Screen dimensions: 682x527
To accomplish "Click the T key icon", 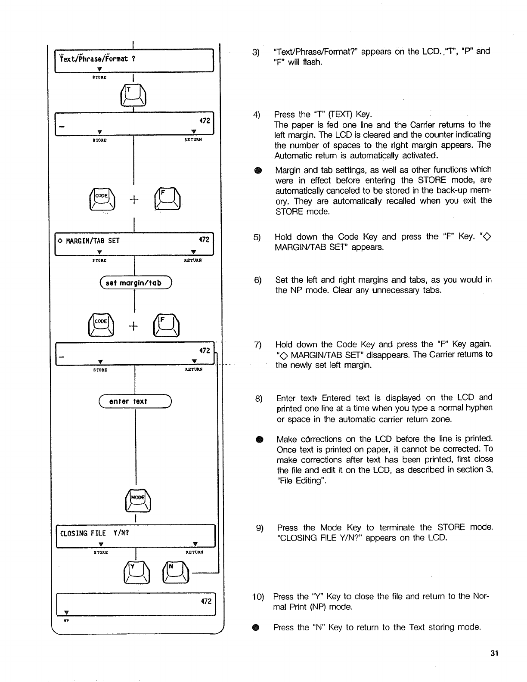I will [x=135, y=95].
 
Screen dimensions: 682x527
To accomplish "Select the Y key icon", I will [x=135, y=573].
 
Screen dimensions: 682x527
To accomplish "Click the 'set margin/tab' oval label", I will [x=135, y=283].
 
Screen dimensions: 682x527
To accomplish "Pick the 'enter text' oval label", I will [x=135, y=401].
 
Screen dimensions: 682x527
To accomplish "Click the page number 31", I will [x=494, y=654].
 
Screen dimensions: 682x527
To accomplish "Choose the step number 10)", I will [x=259, y=597].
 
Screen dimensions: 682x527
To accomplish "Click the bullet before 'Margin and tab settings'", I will [x=257, y=170].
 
